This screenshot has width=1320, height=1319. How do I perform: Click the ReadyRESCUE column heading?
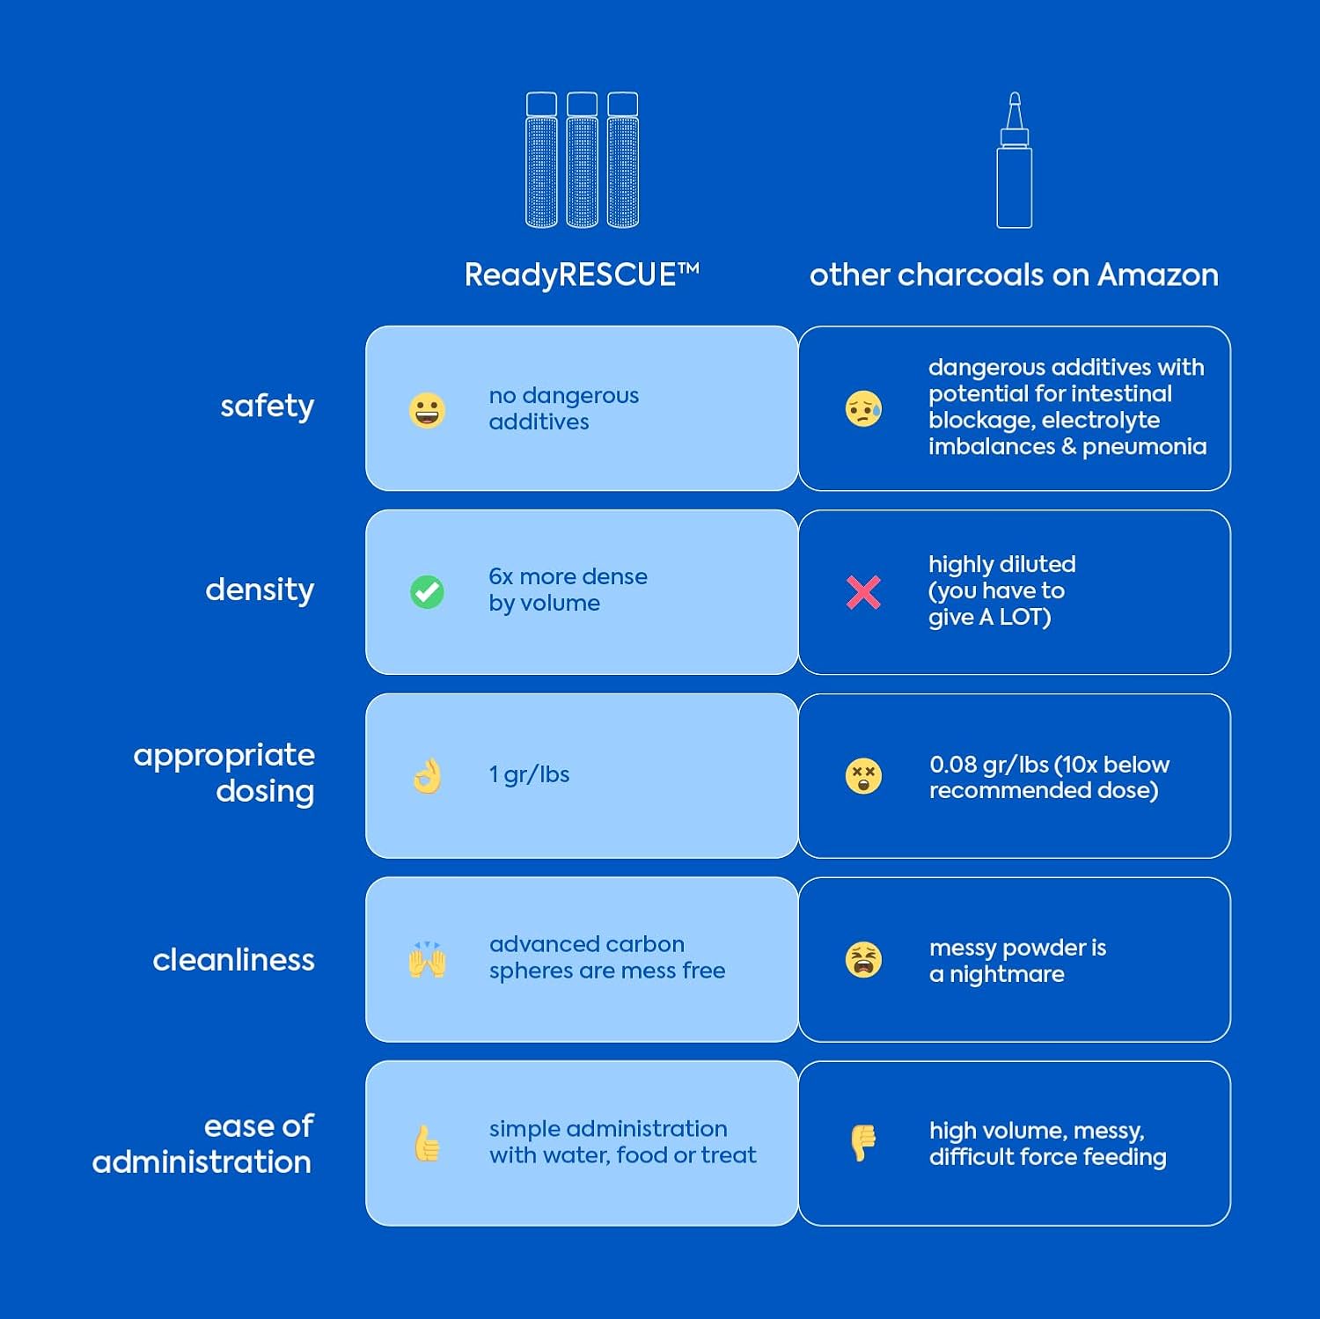(x=582, y=275)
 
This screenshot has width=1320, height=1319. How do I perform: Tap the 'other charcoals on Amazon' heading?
(x=1014, y=275)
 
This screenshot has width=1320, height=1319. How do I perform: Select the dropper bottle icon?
(x=1014, y=160)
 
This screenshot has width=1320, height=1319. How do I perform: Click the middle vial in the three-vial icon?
(x=582, y=160)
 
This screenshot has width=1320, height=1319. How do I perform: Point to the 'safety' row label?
(x=267, y=407)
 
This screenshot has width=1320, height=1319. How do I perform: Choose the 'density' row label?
(x=260, y=590)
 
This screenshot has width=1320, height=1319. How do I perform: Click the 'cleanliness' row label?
(x=233, y=959)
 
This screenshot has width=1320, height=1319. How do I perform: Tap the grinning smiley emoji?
(x=427, y=410)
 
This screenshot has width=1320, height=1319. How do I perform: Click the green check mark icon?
(x=427, y=592)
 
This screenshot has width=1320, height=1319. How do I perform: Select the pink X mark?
(x=863, y=592)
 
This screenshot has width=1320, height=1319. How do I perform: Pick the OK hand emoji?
(x=427, y=776)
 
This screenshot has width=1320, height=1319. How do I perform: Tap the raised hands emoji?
(x=427, y=960)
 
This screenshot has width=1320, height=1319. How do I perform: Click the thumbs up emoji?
(x=427, y=1143)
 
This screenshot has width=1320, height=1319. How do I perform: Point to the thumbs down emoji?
(x=863, y=1143)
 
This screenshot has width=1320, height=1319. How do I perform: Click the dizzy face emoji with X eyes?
(x=863, y=776)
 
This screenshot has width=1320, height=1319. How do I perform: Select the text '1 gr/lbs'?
(x=529, y=774)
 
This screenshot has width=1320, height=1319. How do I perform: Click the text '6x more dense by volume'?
(x=568, y=590)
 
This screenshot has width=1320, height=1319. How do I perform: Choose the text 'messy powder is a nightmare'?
(x=1017, y=961)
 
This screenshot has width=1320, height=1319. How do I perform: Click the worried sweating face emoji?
(x=863, y=409)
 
